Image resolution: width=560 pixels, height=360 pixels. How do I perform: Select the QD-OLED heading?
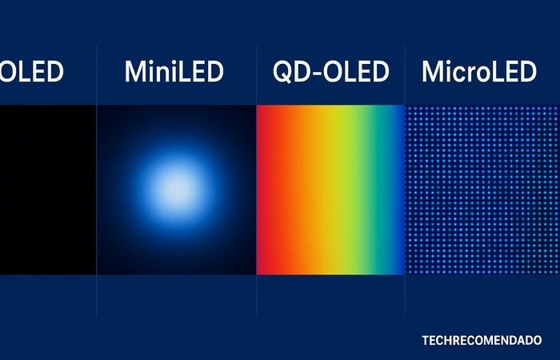(x=330, y=73)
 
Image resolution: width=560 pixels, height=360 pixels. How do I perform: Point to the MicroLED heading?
(x=478, y=73)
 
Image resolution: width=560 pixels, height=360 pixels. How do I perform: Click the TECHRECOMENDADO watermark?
(x=482, y=340)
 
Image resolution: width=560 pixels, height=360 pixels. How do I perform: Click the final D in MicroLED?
(x=526, y=73)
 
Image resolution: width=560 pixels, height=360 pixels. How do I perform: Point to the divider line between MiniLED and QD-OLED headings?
(x=256, y=73)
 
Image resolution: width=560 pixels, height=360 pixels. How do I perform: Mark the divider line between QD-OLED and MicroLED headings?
(x=406, y=73)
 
